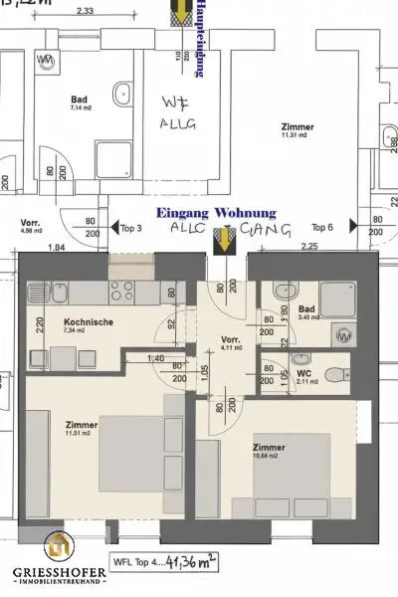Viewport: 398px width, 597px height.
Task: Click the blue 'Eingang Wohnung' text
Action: point(212,213)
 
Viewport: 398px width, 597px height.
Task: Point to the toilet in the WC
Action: point(338,370)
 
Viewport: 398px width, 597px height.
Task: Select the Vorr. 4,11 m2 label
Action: point(232,343)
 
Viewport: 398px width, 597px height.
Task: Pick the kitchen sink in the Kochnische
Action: point(40,292)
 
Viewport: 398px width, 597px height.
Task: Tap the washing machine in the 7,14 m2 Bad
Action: point(45,61)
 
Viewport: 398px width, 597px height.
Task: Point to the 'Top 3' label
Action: point(132,228)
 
